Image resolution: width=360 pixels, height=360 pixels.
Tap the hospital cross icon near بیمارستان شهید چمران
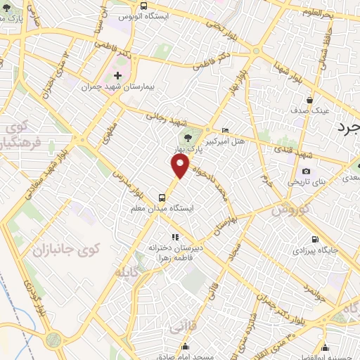click(x=117, y=75)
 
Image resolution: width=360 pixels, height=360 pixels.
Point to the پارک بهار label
click(x=188, y=150)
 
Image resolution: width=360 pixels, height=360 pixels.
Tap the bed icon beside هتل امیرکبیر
click(x=225, y=130)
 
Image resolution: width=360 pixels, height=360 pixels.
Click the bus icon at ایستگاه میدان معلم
click(x=162, y=198)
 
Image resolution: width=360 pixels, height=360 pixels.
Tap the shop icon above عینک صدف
click(x=309, y=100)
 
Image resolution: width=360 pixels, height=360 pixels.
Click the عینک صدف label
click(x=309, y=111)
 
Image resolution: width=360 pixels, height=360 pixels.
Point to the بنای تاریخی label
click(x=306, y=182)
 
